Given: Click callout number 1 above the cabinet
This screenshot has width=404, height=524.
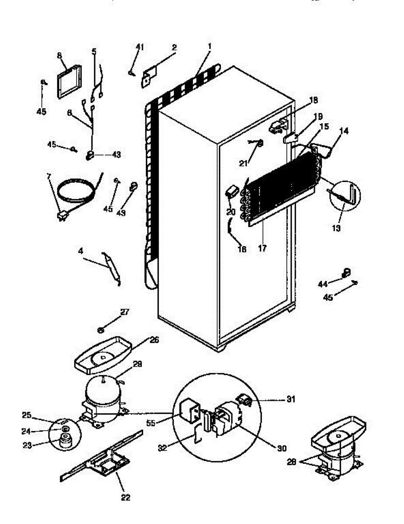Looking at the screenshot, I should pyautogui.click(x=210, y=46).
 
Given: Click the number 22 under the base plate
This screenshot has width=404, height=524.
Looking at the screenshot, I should pyautogui.click(x=125, y=497).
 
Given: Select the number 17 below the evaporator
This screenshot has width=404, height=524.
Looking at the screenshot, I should pyautogui.click(x=262, y=248).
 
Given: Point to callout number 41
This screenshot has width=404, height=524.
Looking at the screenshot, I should pyautogui.click(x=139, y=47).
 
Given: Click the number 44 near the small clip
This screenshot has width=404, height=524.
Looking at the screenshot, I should pyautogui.click(x=322, y=284).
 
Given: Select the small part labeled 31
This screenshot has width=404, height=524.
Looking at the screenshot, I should pyautogui.click(x=244, y=399).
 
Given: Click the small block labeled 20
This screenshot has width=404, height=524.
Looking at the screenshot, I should pyautogui.click(x=231, y=191).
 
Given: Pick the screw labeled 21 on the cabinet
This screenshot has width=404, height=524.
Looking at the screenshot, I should pyautogui.click(x=259, y=143).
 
